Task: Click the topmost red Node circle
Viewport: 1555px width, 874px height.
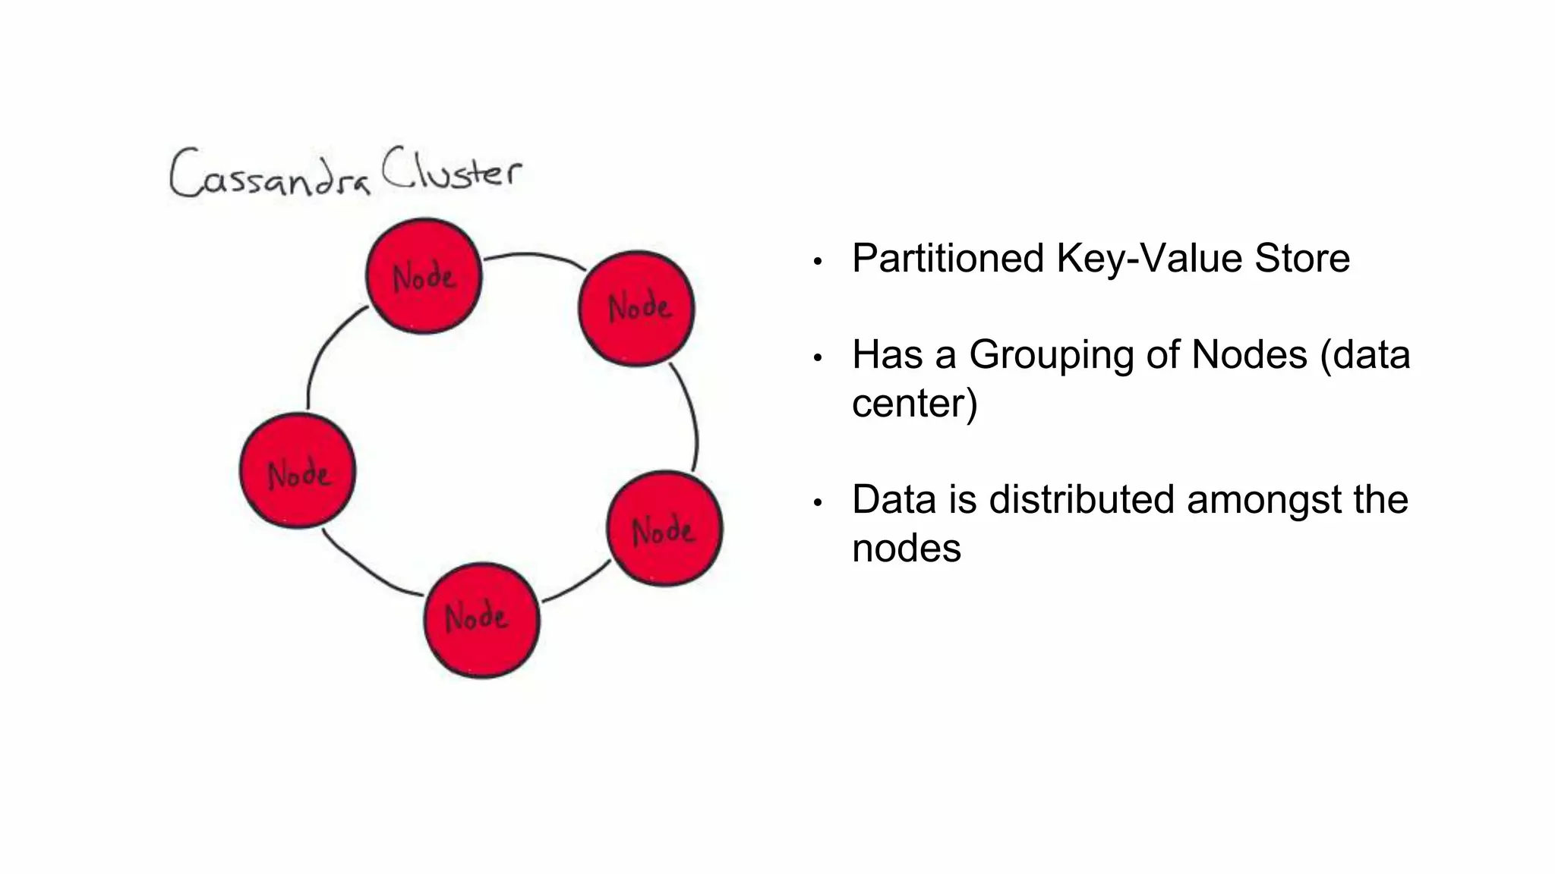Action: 424,275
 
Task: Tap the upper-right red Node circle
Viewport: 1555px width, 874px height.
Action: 636,308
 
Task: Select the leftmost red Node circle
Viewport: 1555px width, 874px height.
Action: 298,471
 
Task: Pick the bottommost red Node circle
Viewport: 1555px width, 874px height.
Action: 481,620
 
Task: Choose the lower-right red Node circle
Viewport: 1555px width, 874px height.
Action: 664,529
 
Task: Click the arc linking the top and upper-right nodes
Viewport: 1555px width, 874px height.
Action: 531,255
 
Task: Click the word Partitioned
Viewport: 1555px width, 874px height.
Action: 948,259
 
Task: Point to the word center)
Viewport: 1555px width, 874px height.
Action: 914,404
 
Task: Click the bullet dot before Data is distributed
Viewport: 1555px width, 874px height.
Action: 818,503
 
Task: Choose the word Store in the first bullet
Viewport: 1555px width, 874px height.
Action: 1301,259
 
